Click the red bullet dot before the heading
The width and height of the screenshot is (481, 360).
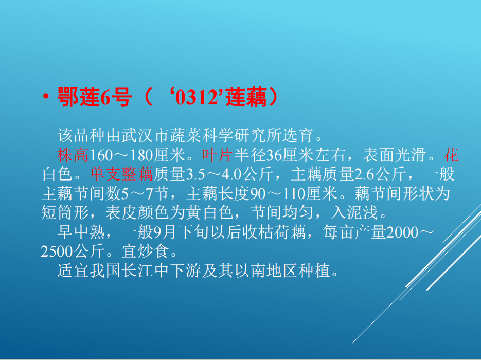click(x=46, y=97)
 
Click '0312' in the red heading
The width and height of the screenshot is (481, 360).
click(x=196, y=98)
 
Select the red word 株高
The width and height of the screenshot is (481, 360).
click(x=73, y=155)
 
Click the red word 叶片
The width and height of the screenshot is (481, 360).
click(x=218, y=155)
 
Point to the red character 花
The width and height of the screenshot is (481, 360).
click(x=451, y=155)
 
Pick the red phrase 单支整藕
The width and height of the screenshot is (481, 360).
click(x=121, y=174)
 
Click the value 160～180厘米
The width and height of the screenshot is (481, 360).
click(x=137, y=155)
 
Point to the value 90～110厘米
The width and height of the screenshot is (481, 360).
click(x=294, y=193)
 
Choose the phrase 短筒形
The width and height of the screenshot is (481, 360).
click(x=65, y=212)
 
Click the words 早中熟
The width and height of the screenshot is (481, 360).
click(x=81, y=232)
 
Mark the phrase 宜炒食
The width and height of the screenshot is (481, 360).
click(x=146, y=251)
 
